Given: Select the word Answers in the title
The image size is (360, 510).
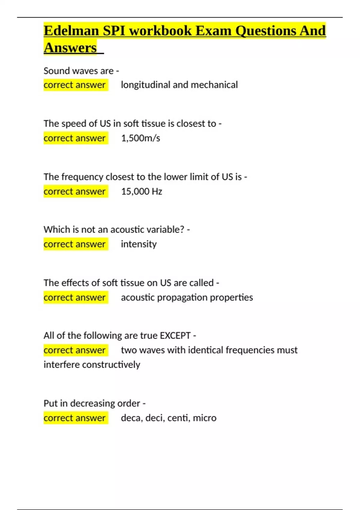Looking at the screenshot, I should point(70,48).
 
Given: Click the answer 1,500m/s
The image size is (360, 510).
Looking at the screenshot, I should point(140,138).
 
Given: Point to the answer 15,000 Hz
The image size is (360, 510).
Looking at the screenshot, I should point(142,191).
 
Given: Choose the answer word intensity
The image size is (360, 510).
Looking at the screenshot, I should point(139,244).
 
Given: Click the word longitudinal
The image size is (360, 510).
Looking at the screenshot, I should point(145,85).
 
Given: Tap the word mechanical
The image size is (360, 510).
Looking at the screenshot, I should point(214,85).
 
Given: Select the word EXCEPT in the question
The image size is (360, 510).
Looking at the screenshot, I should point(175,335).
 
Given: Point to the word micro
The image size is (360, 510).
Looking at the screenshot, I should point(205,418).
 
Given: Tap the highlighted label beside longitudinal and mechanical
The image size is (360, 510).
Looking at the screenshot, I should point(75,85).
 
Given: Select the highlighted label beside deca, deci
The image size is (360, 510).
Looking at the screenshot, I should point(75,418).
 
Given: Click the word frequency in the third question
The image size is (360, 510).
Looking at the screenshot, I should point(82,177).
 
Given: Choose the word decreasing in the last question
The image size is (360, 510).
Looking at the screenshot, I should point(92,403).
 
